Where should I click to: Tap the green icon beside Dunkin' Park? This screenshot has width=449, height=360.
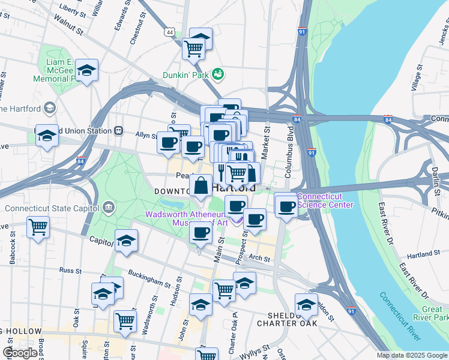[217, 74]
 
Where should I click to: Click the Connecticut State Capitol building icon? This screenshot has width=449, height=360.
[109, 208]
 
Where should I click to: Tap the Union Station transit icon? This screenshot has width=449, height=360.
[119, 131]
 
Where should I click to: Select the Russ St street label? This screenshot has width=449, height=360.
[70, 271]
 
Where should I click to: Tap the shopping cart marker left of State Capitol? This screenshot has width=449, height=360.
[38, 227]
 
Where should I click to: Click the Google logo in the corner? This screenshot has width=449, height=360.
[19, 353]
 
